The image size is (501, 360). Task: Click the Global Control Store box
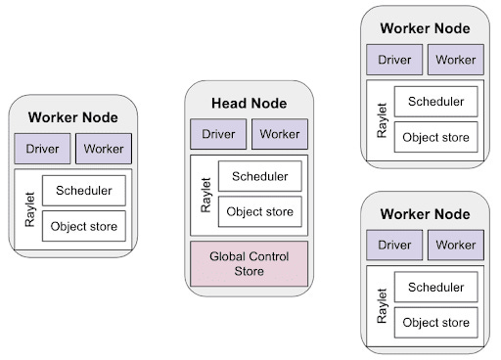[250, 264]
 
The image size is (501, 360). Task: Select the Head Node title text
[250, 103]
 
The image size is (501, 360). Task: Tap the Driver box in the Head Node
[218, 134]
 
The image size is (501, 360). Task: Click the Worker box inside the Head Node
[280, 134]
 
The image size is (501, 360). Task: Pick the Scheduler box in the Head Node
[259, 176]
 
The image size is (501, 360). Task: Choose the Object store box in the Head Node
[259, 210]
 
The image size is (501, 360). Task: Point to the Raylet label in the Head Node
[205, 194]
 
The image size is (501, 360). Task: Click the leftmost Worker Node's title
[73, 117]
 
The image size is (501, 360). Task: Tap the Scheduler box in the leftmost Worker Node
[83, 191]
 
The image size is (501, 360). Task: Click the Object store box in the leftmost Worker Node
[83, 226]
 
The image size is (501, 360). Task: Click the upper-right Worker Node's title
[426, 28]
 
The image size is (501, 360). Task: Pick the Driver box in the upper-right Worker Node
[394, 60]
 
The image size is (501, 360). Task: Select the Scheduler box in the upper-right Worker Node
[435, 101]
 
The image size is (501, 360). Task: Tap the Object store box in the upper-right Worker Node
[435, 136]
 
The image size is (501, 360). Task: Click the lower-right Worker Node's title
[426, 213]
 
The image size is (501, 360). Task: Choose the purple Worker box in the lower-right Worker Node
[456, 245]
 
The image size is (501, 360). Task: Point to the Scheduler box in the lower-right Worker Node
[435, 287]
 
